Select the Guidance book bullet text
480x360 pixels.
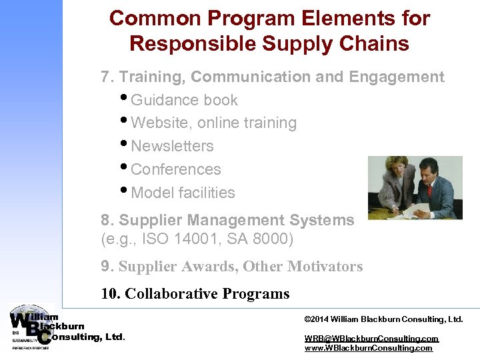(184, 100)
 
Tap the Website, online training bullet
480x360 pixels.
(213, 123)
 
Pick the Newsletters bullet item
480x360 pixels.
(172, 146)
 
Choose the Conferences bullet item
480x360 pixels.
(176, 169)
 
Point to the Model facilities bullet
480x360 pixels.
(183, 193)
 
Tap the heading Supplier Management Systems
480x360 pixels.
(237, 220)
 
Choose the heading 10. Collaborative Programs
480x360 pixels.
(195, 294)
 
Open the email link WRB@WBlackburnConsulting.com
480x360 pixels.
(371, 339)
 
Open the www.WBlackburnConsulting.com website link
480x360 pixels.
(368, 348)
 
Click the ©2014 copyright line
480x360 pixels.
(383, 319)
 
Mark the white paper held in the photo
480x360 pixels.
(417, 211)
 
